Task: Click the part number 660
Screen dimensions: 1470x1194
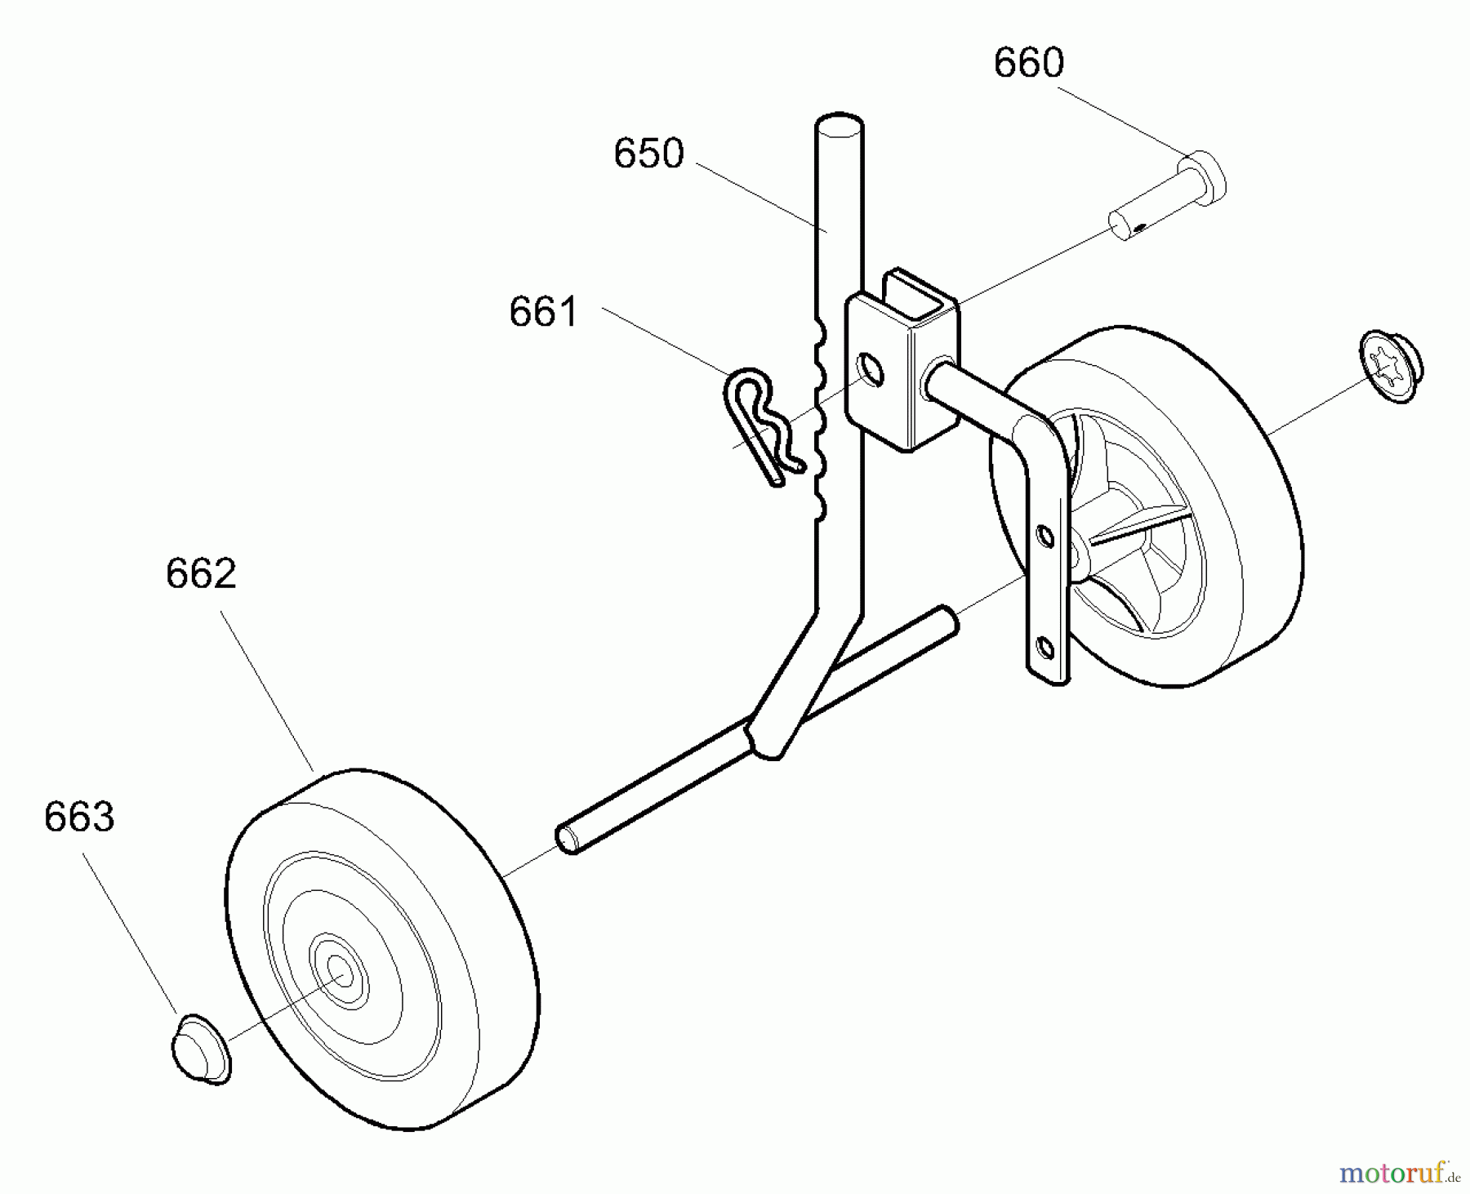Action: coord(1028,64)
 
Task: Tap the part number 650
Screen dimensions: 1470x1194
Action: coord(648,154)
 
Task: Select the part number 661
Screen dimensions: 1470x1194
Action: coord(543,312)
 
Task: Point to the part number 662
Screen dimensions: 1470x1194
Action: coord(201,574)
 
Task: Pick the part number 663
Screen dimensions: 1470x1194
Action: coord(79,818)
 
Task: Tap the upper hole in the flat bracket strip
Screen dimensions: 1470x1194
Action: coord(1044,537)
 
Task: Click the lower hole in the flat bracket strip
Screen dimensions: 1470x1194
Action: coord(1044,650)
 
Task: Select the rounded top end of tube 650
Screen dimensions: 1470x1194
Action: coord(839,128)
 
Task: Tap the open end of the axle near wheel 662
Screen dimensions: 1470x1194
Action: coord(565,840)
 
